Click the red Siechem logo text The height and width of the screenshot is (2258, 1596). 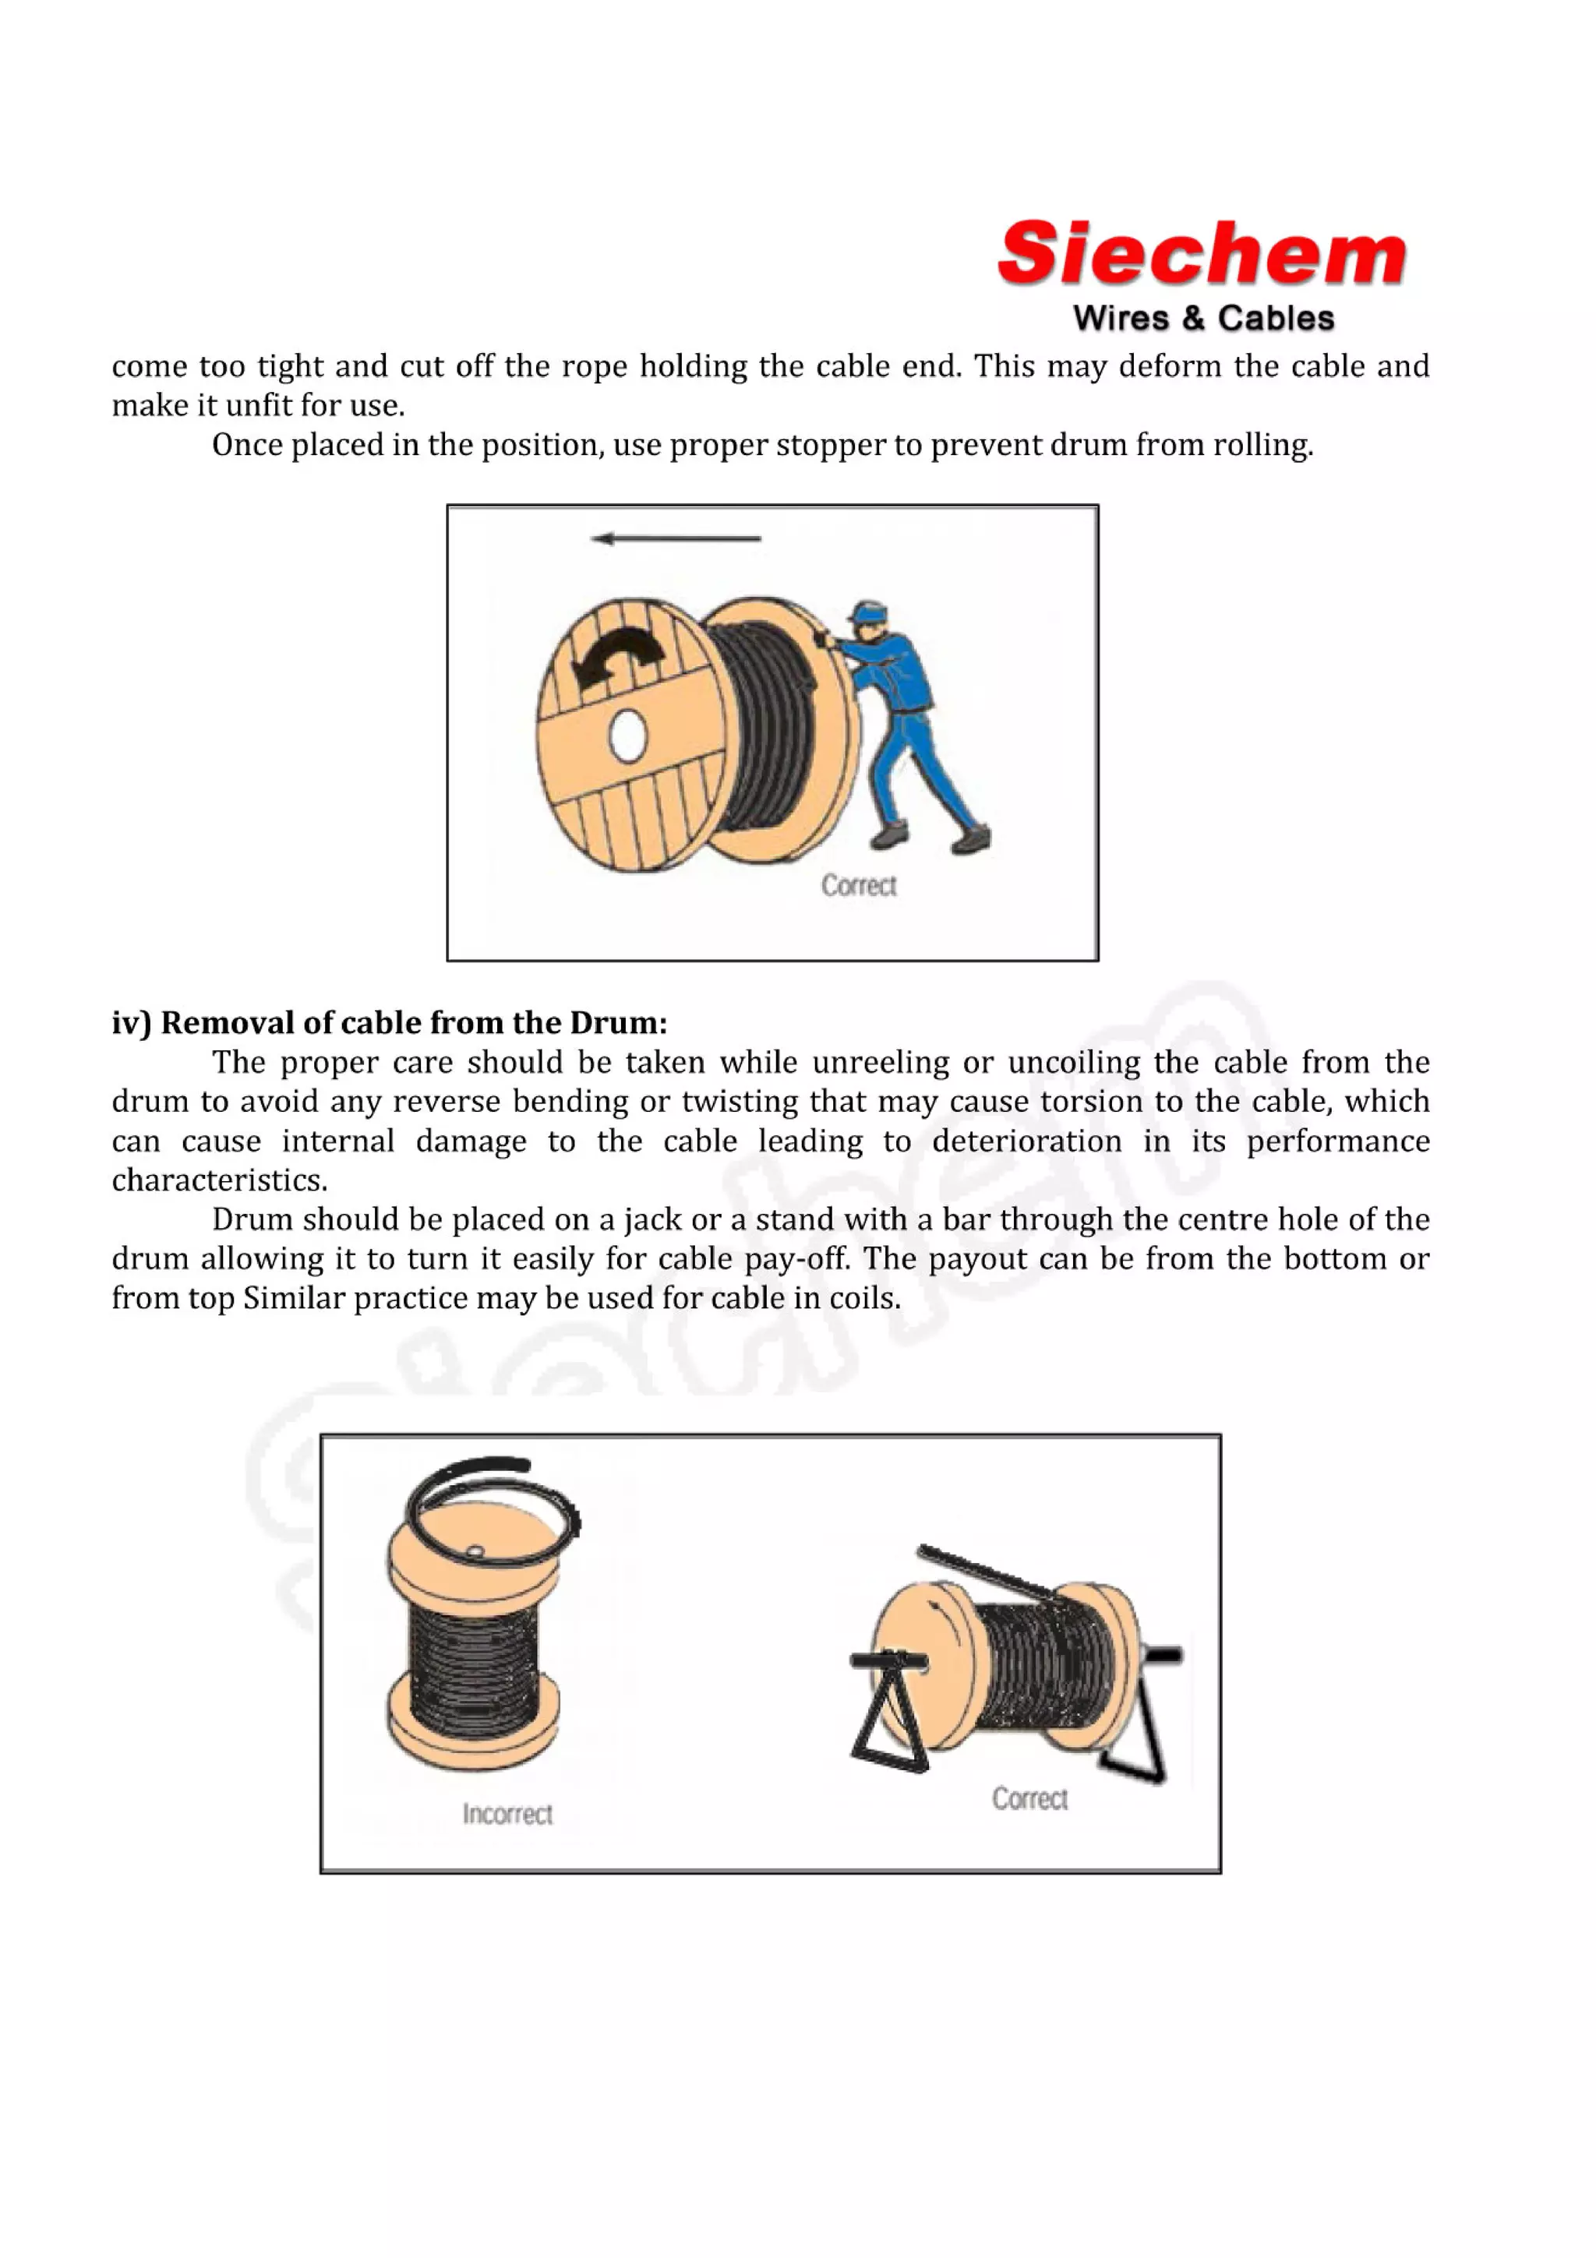1201,254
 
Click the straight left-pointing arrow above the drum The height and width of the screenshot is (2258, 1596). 676,538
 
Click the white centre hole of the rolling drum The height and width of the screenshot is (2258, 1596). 627,736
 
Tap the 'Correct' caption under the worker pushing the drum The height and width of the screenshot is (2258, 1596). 859,885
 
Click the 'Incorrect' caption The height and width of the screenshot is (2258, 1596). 507,1813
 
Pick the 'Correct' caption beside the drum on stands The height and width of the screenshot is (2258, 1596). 1029,1799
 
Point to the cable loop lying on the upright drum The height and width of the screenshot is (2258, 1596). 492,1515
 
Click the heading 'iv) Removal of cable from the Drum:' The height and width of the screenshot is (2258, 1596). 390,1023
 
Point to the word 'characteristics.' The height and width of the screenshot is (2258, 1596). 219,1180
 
